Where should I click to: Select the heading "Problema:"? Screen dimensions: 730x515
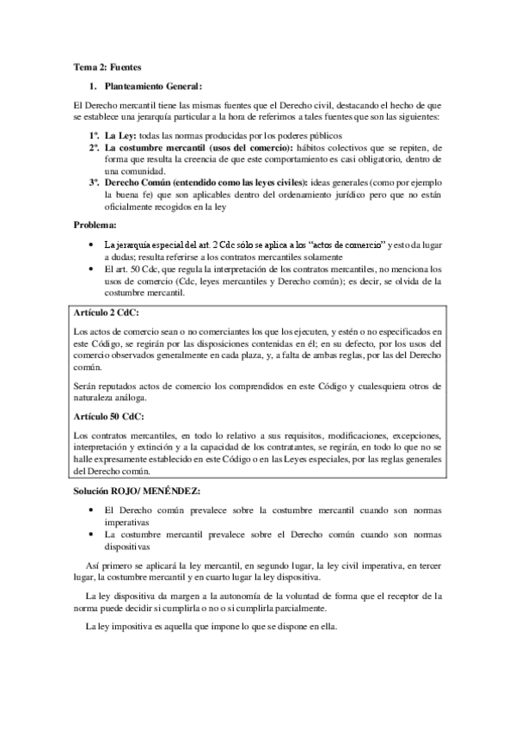(x=95, y=226)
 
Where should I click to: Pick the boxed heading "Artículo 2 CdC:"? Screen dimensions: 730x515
(x=107, y=313)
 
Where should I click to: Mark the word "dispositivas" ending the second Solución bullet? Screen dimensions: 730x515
(x=128, y=546)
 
